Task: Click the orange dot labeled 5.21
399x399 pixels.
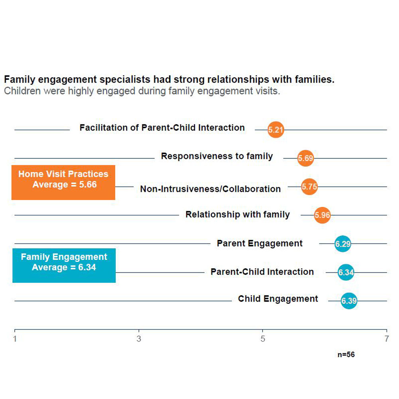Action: point(276,130)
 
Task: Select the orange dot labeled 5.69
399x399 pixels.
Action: point(306,158)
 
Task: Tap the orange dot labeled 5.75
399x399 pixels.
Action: point(309,187)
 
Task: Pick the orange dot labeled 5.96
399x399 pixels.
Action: point(322,215)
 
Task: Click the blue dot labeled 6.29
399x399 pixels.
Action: point(343,244)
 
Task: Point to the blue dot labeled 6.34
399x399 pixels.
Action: point(346,273)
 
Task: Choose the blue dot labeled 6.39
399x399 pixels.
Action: point(349,301)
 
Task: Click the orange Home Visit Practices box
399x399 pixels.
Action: point(63,182)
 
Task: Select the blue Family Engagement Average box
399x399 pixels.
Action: point(64,265)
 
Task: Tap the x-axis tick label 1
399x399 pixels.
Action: point(15,340)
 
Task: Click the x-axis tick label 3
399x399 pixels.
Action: point(139,340)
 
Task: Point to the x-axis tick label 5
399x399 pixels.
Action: point(263,340)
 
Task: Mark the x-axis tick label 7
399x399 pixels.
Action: point(387,340)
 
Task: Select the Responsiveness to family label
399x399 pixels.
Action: point(217,156)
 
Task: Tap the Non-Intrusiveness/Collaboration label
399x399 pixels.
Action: point(210,189)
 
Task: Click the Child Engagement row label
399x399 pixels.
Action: point(278,299)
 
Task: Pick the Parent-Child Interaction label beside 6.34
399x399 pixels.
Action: point(262,272)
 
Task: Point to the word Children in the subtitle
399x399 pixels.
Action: point(22,91)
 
